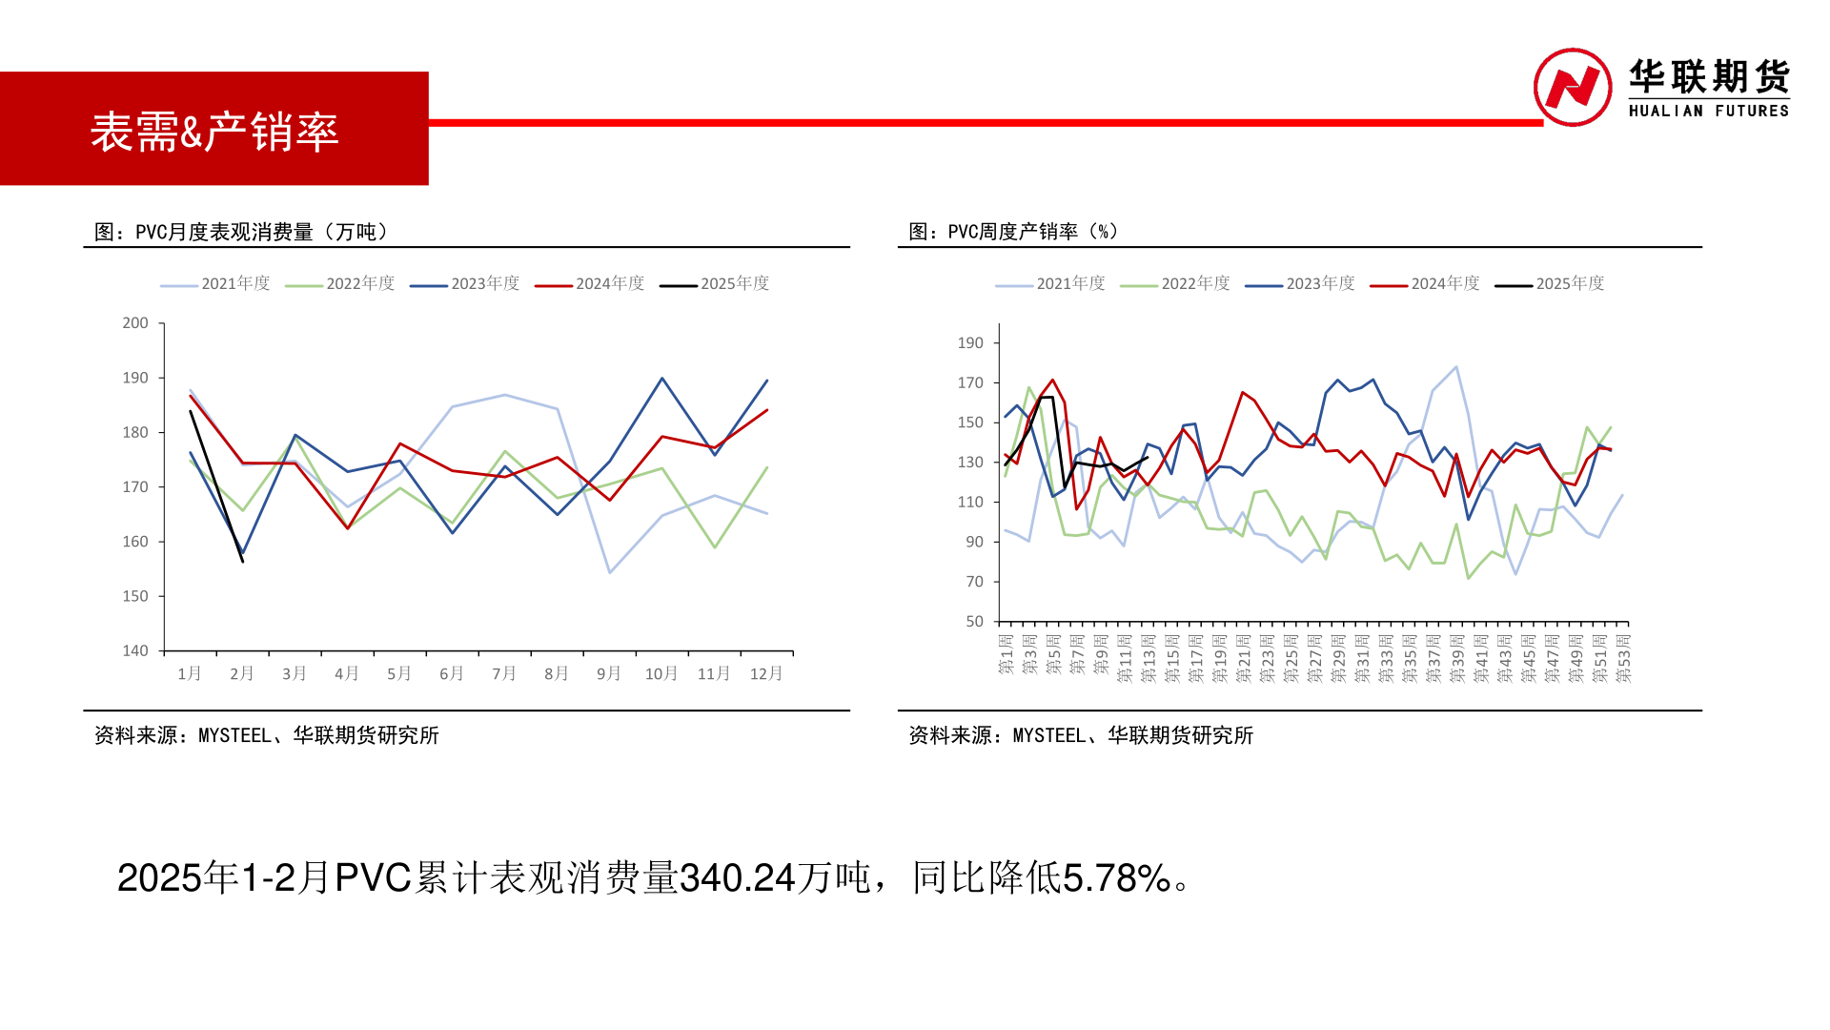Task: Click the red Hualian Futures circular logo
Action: point(1572,87)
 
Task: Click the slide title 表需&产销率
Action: point(214,132)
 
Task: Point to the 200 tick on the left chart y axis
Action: point(135,323)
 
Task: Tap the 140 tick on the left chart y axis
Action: point(135,650)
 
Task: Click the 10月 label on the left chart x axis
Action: point(661,673)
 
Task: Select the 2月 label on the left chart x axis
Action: point(242,673)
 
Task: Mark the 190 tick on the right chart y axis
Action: point(970,342)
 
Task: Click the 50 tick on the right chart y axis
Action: point(974,621)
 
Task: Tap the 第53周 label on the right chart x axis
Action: point(1624,658)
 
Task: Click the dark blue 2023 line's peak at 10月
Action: point(661,379)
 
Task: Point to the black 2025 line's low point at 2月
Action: point(243,562)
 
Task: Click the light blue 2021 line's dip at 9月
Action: point(609,572)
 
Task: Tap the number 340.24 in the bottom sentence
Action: point(738,877)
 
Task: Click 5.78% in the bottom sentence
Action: point(1116,877)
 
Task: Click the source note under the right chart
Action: point(1080,735)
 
